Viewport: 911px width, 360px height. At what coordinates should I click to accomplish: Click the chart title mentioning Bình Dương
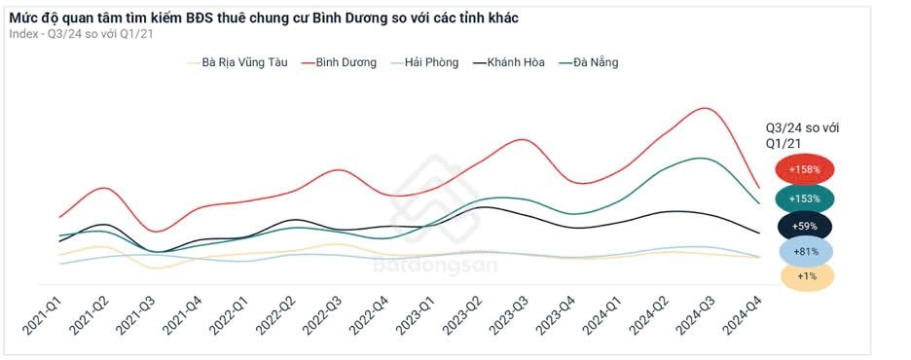coord(263,16)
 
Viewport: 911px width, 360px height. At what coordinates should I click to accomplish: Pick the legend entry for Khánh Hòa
coord(515,62)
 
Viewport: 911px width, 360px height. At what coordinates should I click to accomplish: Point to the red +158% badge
coord(804,169)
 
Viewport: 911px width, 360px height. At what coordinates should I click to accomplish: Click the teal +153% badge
coord(804,198)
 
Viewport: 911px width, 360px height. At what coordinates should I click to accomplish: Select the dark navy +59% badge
coord(804,226)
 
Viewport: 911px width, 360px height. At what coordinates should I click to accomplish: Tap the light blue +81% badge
coord(804,252)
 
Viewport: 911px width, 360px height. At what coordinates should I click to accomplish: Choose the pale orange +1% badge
coord(804,277)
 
